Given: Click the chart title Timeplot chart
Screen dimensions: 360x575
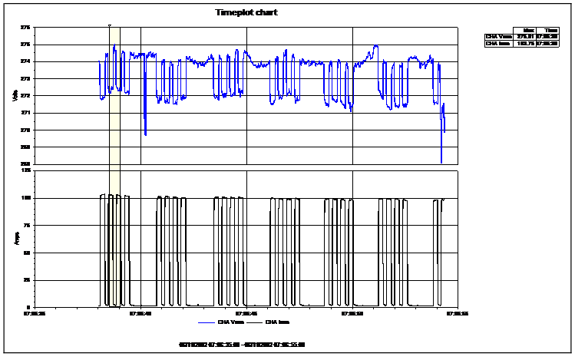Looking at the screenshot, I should tap(246, 12).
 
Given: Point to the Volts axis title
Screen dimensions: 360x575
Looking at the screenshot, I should tap(15, 95).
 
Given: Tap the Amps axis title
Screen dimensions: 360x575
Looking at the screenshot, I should tap(15, 238).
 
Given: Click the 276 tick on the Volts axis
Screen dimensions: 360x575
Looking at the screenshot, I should tap(25, 28).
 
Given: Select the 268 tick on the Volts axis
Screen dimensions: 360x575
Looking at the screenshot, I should tap(25, 163).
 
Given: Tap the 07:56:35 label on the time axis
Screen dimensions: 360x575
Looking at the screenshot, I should tap(35, 313).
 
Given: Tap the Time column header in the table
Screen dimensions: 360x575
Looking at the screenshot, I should tap(546, 28).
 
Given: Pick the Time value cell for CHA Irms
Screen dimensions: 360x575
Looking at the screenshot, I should tap(546, 43).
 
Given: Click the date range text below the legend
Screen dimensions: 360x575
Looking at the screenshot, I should tap(242, 344).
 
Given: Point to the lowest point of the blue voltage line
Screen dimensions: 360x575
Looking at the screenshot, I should tap(441, 163).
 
